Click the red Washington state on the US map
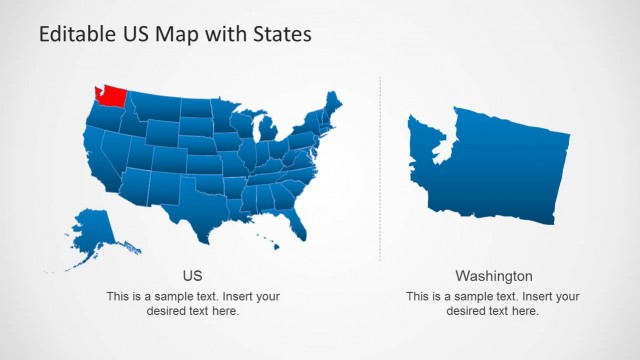click(110, 97)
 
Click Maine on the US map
click(333, 104)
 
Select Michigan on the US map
click(267, 133)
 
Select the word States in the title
click(283, 34)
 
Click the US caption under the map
click(192, 275)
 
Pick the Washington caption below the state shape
click(494, 275)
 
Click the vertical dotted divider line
click(380, 170)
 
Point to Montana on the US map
click(155, 104)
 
